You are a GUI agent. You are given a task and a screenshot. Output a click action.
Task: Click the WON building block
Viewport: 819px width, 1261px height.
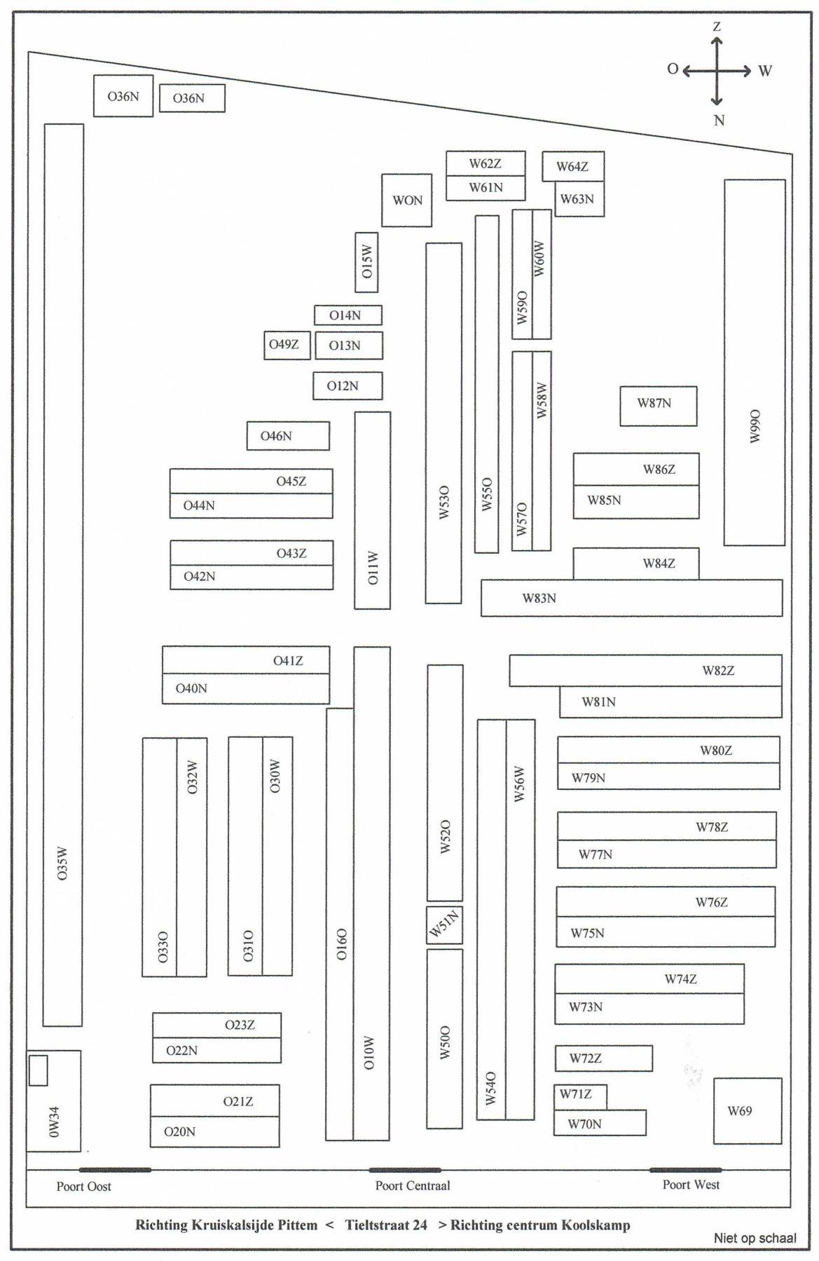coord(406,200)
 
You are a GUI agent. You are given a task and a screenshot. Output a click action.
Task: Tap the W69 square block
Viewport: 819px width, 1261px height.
coord(747,1111)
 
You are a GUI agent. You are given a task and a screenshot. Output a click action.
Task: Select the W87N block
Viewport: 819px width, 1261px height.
coord(658,406)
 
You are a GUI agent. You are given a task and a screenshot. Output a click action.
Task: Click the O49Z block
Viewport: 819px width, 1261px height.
coord(287,345)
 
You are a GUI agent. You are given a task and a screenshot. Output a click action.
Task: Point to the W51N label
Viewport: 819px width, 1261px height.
coord(444,925)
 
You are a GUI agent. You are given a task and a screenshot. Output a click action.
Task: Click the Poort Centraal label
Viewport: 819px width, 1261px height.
coord(413,1186)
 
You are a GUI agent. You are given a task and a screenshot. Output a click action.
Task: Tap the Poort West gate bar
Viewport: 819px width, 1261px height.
coord(684,1170)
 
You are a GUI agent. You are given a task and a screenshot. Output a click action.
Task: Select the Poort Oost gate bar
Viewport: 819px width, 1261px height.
coord(115,1170)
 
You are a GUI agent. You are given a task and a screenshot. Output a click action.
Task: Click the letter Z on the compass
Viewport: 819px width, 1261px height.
coord(717,27)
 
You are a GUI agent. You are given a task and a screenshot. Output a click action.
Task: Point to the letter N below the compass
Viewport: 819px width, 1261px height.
coord(719,121)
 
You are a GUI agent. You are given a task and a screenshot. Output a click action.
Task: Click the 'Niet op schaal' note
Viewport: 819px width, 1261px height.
coord(755,1238)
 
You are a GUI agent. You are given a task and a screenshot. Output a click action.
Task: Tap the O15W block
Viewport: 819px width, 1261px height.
coord(366,262)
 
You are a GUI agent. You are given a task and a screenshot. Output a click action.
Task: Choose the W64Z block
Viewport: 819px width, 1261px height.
coord(572,167)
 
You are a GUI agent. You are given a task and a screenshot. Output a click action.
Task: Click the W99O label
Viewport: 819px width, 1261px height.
coord(755,425)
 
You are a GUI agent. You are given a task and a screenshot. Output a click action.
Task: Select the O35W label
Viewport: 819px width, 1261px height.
coord(63,864)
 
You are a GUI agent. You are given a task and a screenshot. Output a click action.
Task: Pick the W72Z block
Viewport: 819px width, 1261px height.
coord(603,1058)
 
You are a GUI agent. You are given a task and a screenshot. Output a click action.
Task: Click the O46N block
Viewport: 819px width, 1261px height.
coord(287,436)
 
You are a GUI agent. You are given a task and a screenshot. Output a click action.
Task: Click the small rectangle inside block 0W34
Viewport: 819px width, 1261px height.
coord(38,1070)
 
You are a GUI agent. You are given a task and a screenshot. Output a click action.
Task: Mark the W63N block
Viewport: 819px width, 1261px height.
coord(579,200)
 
